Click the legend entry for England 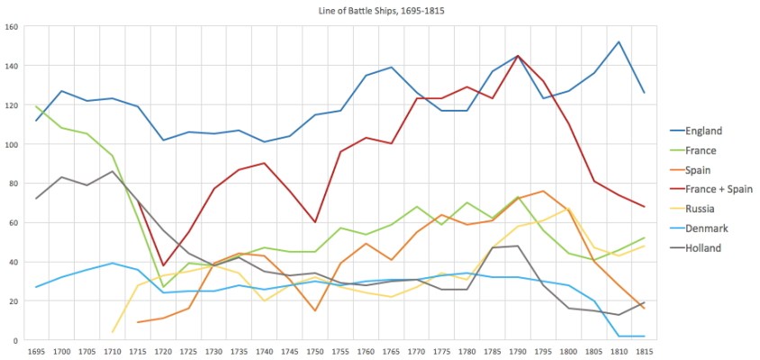pyautogui.click(x=702, y=130)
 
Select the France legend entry pyautogui.click(x=700, y=150)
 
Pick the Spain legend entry pyautogui.click(x=698, y=169)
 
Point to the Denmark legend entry pyautogui.click(x=705, y=229)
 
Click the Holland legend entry pyautogui.click(x=703, y=248)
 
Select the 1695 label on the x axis pyautogui.click(x=36, y=351)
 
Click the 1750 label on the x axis pyautogui.click(x=314, y=351)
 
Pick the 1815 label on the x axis pyautogui.click(x=643, y=351)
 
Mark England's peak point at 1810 pyautogui.click(x=618, y=42)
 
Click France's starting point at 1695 pyautogui.click(x=36, y=107)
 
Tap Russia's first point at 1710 pyautogui.click(x=113, y=332)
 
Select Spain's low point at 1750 pyautogui.click(x=314, y=310)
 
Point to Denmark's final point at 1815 pyautogui.click(x=643, y=337)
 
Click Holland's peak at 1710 pyautogui.click(x=113, y=171)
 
